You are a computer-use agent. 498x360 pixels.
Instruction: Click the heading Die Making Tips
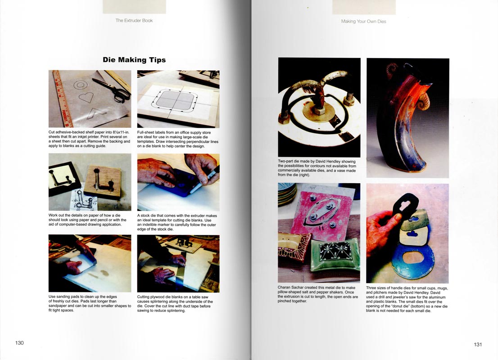click(134, 60)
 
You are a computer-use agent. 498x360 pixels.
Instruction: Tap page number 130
click(19, 343)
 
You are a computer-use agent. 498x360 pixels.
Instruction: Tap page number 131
click(478, 344)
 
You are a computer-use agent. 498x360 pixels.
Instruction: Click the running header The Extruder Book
click(134, 20)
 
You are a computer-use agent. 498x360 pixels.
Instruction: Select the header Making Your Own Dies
click(364, 21)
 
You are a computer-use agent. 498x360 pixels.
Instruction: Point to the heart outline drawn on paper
click(86, 97)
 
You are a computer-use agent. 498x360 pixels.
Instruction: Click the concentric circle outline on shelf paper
click(80, 85)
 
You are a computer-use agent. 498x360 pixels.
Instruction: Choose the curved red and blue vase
click(410, 121)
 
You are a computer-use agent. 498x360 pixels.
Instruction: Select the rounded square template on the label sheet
click(174, 101)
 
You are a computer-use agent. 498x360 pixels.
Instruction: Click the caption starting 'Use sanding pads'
click(90, 303)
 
